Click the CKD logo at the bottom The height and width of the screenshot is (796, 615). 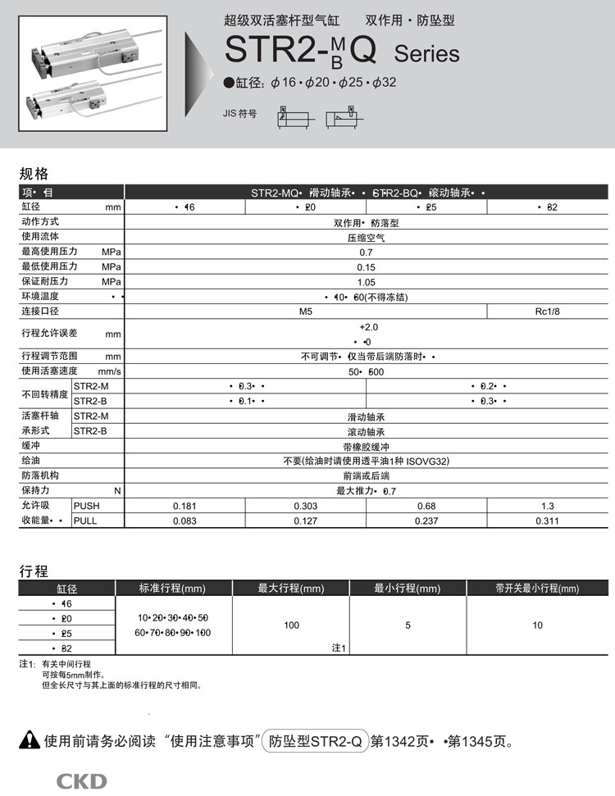(81, 781)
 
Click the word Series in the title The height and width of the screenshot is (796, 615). (426, 54)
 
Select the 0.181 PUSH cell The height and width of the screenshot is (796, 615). (184, 506)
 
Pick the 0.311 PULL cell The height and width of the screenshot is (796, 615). (547, 520)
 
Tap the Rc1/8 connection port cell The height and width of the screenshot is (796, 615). (547, 312)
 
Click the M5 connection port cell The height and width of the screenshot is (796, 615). (306, 312)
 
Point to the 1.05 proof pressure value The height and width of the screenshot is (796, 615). (366, 282)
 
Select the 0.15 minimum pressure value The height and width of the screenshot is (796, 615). (366, 267)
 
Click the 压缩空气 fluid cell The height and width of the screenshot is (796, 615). (366, 238)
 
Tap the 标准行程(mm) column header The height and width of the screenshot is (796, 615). (173, 588)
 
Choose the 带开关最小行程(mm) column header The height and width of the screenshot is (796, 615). (536, 588)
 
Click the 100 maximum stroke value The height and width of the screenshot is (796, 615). (291, 625)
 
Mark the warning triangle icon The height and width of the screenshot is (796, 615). (30, 741)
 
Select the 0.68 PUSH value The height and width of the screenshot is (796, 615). (426, 506)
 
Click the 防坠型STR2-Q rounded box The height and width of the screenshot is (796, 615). (315, 742)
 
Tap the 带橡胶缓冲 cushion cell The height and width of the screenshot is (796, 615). (366, 446)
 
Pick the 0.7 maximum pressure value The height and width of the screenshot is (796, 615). (366, 252)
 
